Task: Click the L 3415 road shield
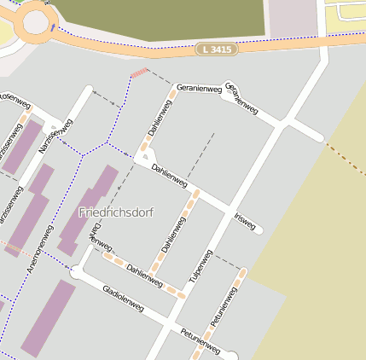[215, 49]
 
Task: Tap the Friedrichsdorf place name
[116, 212]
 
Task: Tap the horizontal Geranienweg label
[199, 88]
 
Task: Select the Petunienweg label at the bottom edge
[201, 342]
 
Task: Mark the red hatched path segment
[139, 73]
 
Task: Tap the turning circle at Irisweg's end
[259, 229]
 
